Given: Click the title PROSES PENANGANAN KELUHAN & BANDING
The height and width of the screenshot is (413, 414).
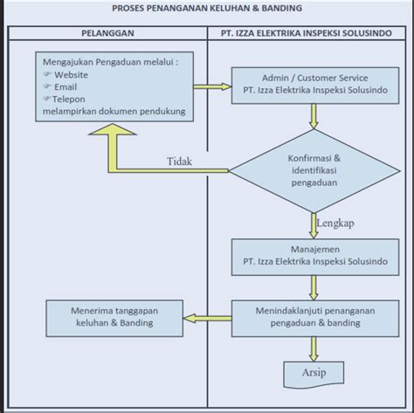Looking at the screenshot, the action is pos(207,8).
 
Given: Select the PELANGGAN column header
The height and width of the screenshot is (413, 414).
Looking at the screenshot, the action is pos(107,33).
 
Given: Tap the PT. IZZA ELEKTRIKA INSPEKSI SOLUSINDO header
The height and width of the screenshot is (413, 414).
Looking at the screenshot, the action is pos(307,33).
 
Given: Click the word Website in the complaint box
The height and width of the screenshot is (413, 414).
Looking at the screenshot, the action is pos(71,75).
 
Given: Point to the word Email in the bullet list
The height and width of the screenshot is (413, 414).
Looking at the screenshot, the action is pos(66,87).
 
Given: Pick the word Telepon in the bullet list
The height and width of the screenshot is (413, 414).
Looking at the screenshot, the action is pos(69,100).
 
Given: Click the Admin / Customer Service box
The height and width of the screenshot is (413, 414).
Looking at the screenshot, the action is pos(315,86).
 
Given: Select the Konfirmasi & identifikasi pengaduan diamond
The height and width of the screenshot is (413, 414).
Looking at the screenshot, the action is pos(314,171).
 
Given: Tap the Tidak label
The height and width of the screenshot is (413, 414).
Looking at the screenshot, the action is pos(179,162).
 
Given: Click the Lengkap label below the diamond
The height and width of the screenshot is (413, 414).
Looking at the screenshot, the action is pos(335,224).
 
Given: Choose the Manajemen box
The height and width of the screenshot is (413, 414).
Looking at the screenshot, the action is pos(315,257).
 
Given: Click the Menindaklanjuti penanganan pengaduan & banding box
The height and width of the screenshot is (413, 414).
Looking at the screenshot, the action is pos(315,319).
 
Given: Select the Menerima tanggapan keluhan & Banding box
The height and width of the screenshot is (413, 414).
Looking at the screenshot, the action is pos(114,319).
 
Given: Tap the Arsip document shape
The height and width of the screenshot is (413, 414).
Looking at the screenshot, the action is pos(314,375).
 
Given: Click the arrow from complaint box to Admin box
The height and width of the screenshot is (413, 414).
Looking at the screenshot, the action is pos(212,86).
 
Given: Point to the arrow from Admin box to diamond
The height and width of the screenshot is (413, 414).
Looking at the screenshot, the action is pos(314,116).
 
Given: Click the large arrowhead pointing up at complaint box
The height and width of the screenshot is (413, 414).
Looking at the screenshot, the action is pos(113,129).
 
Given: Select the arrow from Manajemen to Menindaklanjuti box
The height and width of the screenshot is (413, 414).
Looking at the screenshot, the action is pos(314,287).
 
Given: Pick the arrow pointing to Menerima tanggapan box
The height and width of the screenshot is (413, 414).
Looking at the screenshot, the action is pos(207,318).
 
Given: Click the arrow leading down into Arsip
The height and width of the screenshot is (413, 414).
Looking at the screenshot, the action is pos(314,349).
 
